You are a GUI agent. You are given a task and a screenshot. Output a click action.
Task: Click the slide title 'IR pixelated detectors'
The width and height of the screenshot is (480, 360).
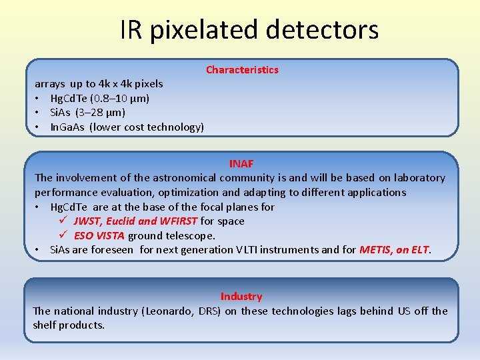[249, 29]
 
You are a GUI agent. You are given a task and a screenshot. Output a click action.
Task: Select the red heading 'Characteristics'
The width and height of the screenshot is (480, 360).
[242, 70]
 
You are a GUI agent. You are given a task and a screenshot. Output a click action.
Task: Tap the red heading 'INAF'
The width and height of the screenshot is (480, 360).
[241, 163]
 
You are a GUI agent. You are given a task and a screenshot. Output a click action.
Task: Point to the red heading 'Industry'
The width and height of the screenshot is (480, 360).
[241, 297]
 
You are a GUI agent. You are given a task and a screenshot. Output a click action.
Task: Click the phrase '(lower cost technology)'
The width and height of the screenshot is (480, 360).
[147, 127]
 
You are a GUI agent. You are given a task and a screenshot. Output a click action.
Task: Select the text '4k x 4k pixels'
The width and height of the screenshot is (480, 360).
[131, 84]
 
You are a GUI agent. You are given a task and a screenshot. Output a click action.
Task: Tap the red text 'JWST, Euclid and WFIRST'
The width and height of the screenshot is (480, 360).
[135, 221]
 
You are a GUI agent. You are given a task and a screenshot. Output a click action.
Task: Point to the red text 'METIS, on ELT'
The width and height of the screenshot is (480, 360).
[395, 250]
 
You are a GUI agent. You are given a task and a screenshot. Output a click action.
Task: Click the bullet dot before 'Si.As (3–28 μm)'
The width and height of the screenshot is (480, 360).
[39, 113]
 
